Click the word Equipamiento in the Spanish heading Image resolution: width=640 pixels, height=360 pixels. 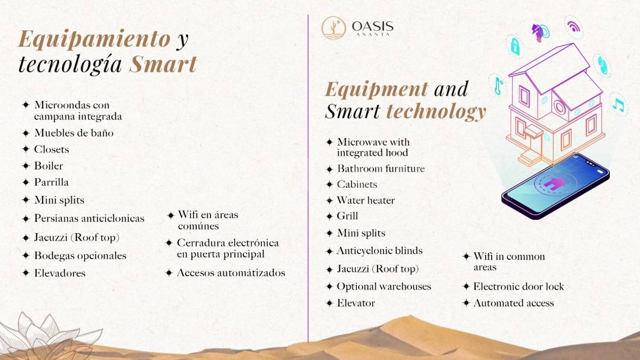(94, 40)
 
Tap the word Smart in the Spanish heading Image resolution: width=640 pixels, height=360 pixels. (163, 64)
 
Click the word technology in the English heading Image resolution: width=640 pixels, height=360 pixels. (436, 112)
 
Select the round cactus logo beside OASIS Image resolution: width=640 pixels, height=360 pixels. (333, 28)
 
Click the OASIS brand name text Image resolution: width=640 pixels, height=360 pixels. (373, 27)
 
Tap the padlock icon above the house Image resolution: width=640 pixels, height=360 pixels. (515, 46)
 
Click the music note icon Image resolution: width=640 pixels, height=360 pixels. (618, 105)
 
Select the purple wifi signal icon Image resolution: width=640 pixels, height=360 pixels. (573, 27)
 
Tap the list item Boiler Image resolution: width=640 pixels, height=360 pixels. (49, 166)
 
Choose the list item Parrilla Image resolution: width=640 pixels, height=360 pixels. (51, 182)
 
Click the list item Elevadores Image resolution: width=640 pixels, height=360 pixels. (60, 273)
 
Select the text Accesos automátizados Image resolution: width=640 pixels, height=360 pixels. (231, 273)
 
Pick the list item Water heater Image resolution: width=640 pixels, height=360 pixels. (366, 201)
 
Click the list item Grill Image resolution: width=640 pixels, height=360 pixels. (347, 216)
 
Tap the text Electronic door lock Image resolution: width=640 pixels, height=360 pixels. (518, 286)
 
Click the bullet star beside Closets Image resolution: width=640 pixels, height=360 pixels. (26, 149)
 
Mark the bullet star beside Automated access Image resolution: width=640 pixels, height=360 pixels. (466, 303)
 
